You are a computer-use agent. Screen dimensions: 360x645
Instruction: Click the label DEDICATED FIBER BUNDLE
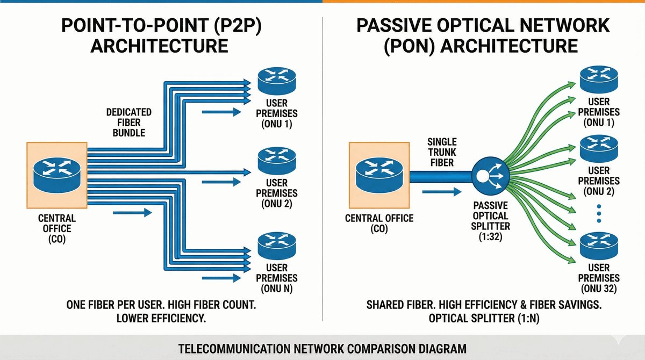pos(129,122)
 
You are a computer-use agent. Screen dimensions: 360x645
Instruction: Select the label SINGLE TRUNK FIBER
pos(442,152)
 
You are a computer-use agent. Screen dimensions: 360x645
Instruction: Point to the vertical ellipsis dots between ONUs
pos(599,214)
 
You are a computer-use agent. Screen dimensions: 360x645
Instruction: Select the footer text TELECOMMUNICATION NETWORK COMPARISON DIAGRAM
pos(322,349)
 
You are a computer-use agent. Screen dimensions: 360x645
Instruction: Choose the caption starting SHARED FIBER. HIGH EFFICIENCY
pos(483,311)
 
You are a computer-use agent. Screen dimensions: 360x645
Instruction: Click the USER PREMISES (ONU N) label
pos(277,278)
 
